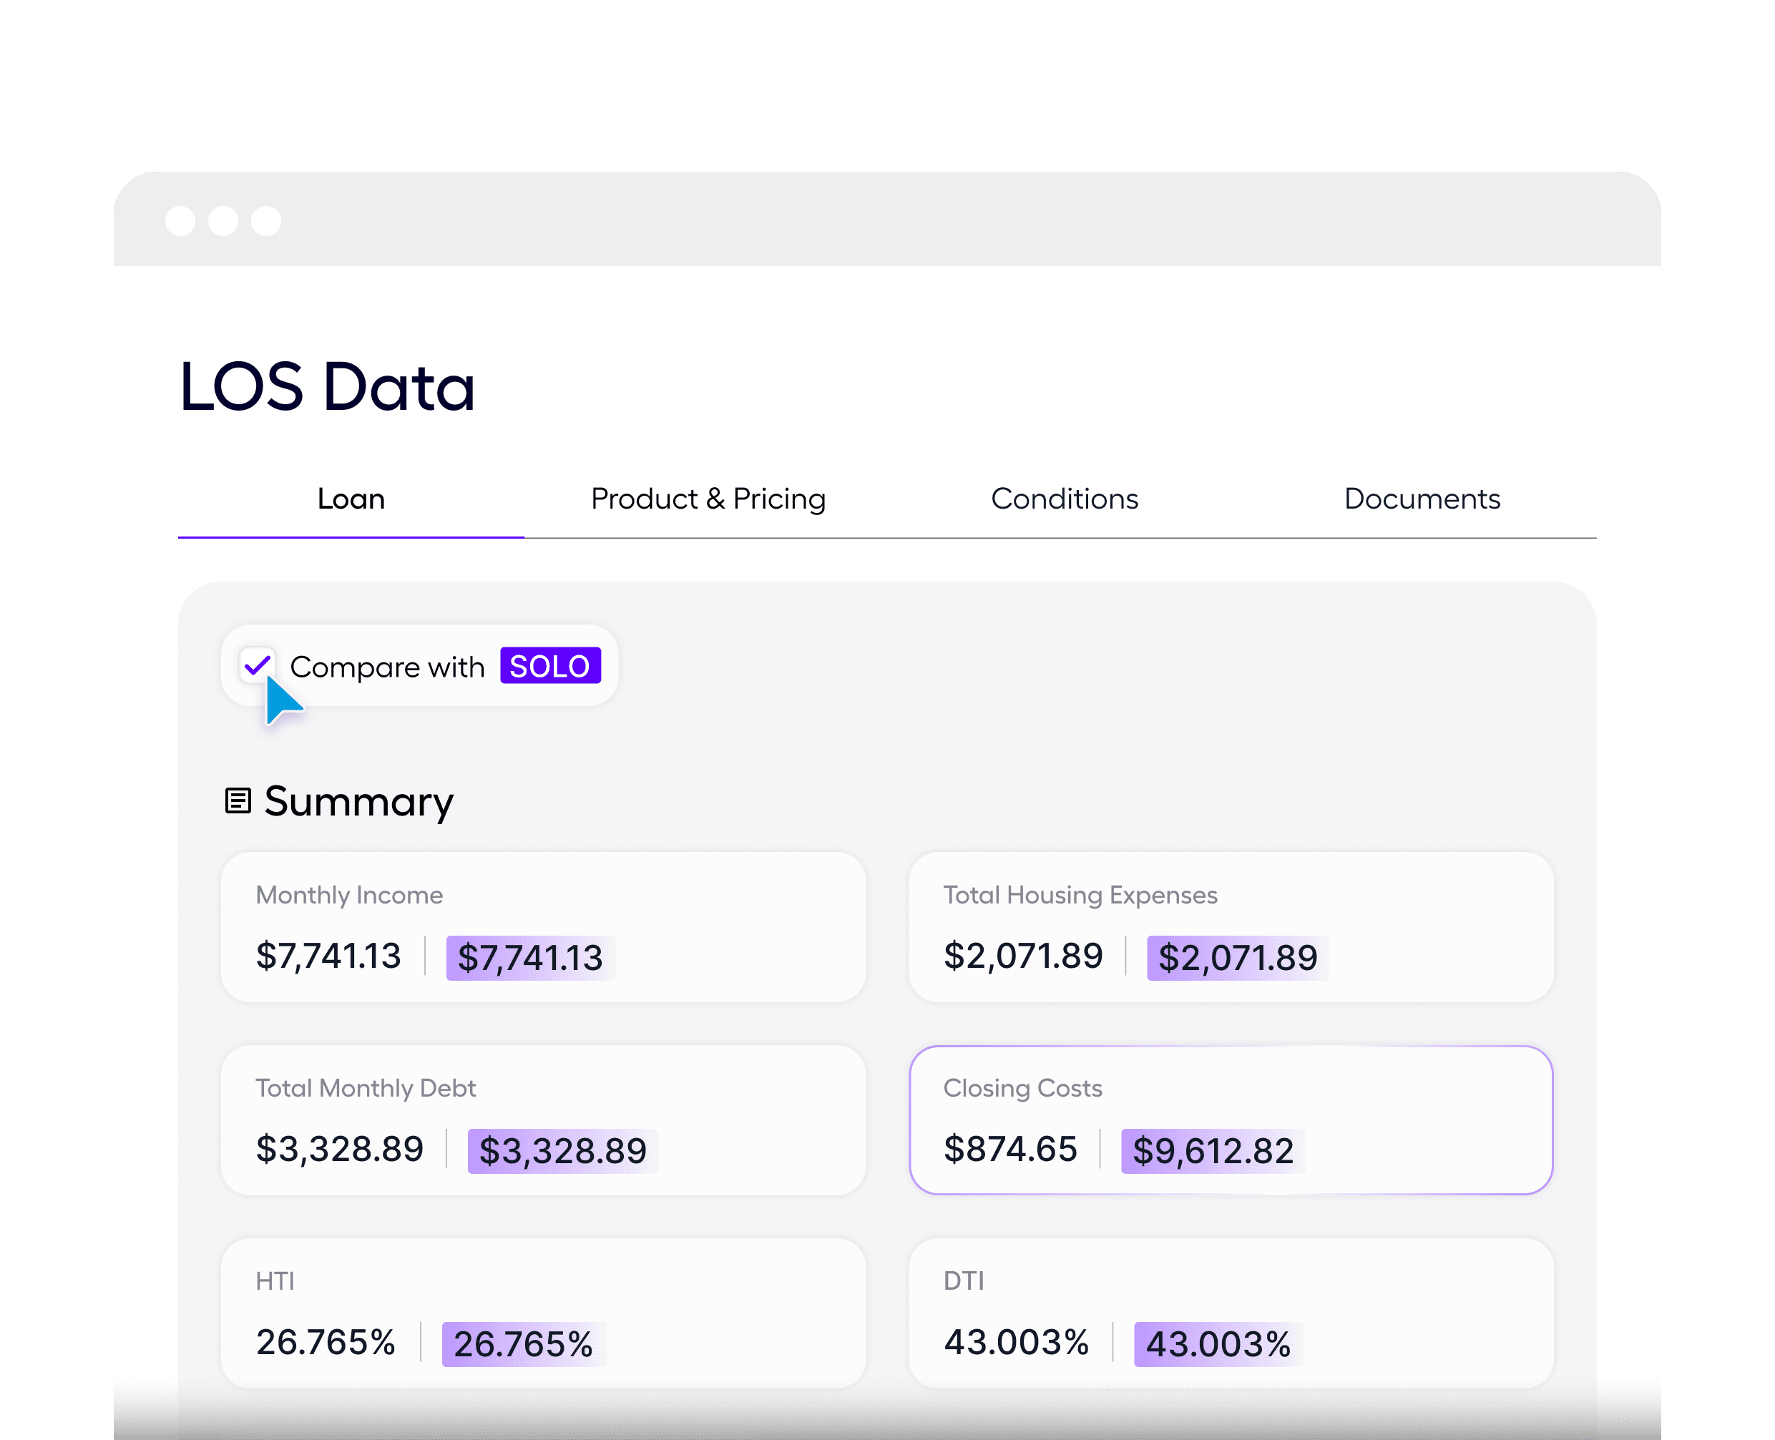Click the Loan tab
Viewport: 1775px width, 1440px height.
coord(351,499)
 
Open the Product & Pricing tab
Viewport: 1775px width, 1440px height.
coord(708,499)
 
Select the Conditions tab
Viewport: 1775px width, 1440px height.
coord(1064,499)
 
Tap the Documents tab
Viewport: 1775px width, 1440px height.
coord(1422,499)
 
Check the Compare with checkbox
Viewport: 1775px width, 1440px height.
coord(257,665)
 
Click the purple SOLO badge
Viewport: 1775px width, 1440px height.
coord(550,666)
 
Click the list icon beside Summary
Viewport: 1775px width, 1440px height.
coord(238,801)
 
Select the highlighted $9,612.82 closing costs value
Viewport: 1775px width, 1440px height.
coord(1213,1151)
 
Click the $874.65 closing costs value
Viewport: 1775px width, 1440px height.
coord(1010,1150)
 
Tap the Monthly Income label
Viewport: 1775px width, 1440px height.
coord(349,895)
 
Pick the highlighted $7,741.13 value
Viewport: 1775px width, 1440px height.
coord(530,958)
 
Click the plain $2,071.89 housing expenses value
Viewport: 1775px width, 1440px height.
coord(1022,956)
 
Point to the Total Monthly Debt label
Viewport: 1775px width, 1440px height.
coord(366,1088)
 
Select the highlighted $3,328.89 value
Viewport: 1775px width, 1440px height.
coord(562,1151)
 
